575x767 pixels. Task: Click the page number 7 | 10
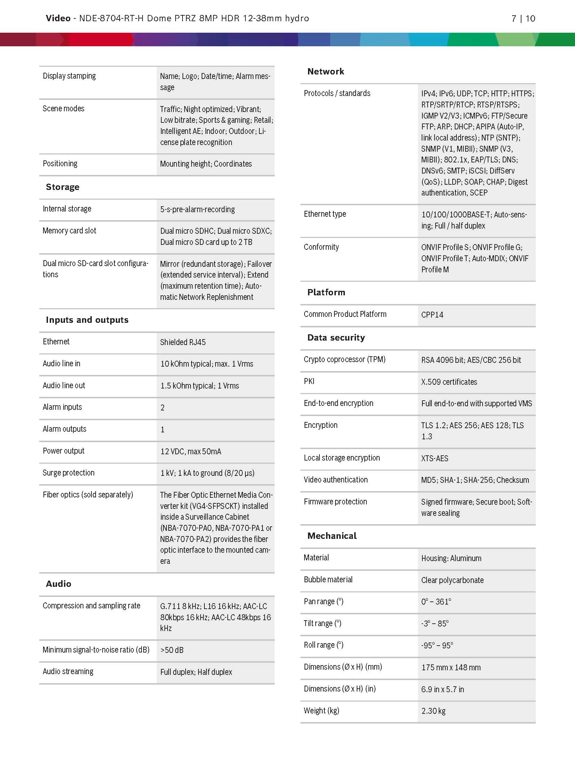[523, 18]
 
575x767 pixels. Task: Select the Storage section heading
[63, 187]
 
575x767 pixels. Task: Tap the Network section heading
[326, 72]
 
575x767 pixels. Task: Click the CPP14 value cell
[432, 315]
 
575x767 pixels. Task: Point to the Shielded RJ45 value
[183, 342]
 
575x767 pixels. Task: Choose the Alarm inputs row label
[62, 407]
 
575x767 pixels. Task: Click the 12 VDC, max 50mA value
[191, 452]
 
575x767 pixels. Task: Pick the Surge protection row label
[68, 473]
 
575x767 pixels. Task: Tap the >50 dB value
[172, 650]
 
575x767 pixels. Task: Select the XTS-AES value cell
[435, 458]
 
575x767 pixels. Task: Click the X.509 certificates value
[449, 382]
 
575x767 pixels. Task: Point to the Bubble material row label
[328, 580]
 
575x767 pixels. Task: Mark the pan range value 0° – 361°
[436, 602]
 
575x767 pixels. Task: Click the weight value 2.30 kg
[433, 711]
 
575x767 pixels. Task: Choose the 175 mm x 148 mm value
[451, 668]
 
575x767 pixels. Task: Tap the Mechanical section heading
[332, 536]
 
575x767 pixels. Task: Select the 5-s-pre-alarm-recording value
[197, 209]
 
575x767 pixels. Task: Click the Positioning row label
[60, 163]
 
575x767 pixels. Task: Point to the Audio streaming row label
[68, 672]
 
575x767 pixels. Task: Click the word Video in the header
[58, 18]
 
